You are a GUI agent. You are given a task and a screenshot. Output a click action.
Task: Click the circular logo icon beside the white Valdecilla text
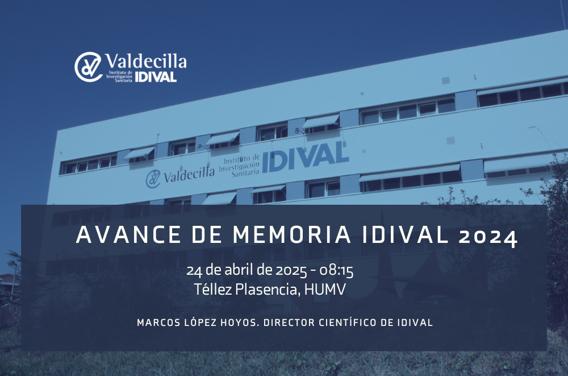point(89,67)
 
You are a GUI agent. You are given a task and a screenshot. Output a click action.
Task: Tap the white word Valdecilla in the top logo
point(146,61)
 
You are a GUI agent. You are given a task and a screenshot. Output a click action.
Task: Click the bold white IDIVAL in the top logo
point(156,77)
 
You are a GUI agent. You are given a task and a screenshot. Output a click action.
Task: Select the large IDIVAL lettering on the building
point(306,156)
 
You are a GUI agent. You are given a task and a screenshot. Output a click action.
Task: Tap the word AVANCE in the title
point(128,235)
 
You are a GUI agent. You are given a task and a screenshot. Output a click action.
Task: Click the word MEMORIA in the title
point(291,235)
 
